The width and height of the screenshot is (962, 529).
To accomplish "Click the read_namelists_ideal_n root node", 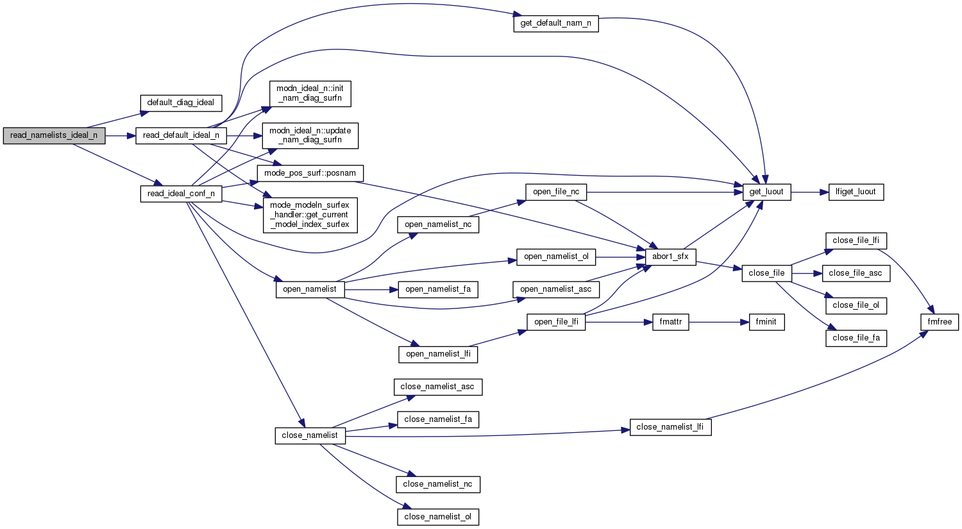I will [x=54, y=135].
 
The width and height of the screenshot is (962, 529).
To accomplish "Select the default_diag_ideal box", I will [x=181, y=103].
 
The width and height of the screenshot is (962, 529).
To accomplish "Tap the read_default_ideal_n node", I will [x=181, y=135].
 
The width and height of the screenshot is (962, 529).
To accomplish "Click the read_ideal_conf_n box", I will [x=181, y=194].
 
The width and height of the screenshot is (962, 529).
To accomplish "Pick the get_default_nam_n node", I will [x=556, y=24].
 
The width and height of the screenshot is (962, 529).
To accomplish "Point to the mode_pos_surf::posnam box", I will [x=310, y=173].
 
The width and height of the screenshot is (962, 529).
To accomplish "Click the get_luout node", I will [x=767, y=192].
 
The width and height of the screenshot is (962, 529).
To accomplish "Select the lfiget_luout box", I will [x=856, y=192].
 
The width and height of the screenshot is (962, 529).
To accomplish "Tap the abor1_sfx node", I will [x=670, y=256].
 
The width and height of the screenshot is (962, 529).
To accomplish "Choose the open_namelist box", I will [x=310, y=289].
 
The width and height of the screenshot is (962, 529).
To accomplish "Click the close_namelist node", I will [x=310, y=435].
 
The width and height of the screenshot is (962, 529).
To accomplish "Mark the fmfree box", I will [x=940, y=322].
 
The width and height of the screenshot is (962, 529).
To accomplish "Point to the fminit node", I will [x=766, y=322].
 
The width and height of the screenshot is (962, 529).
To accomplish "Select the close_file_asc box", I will [x=856, y=273].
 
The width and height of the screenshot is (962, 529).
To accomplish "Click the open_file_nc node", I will [x=556, y=192].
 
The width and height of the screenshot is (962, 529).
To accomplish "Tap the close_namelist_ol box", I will [x=438, y=517].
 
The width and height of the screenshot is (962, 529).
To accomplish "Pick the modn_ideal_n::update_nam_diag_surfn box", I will [x=310, y=135].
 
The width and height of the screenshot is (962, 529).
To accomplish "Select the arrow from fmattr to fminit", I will [x=719, y=322].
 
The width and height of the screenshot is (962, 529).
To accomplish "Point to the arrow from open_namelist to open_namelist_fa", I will [x=371, y=289].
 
